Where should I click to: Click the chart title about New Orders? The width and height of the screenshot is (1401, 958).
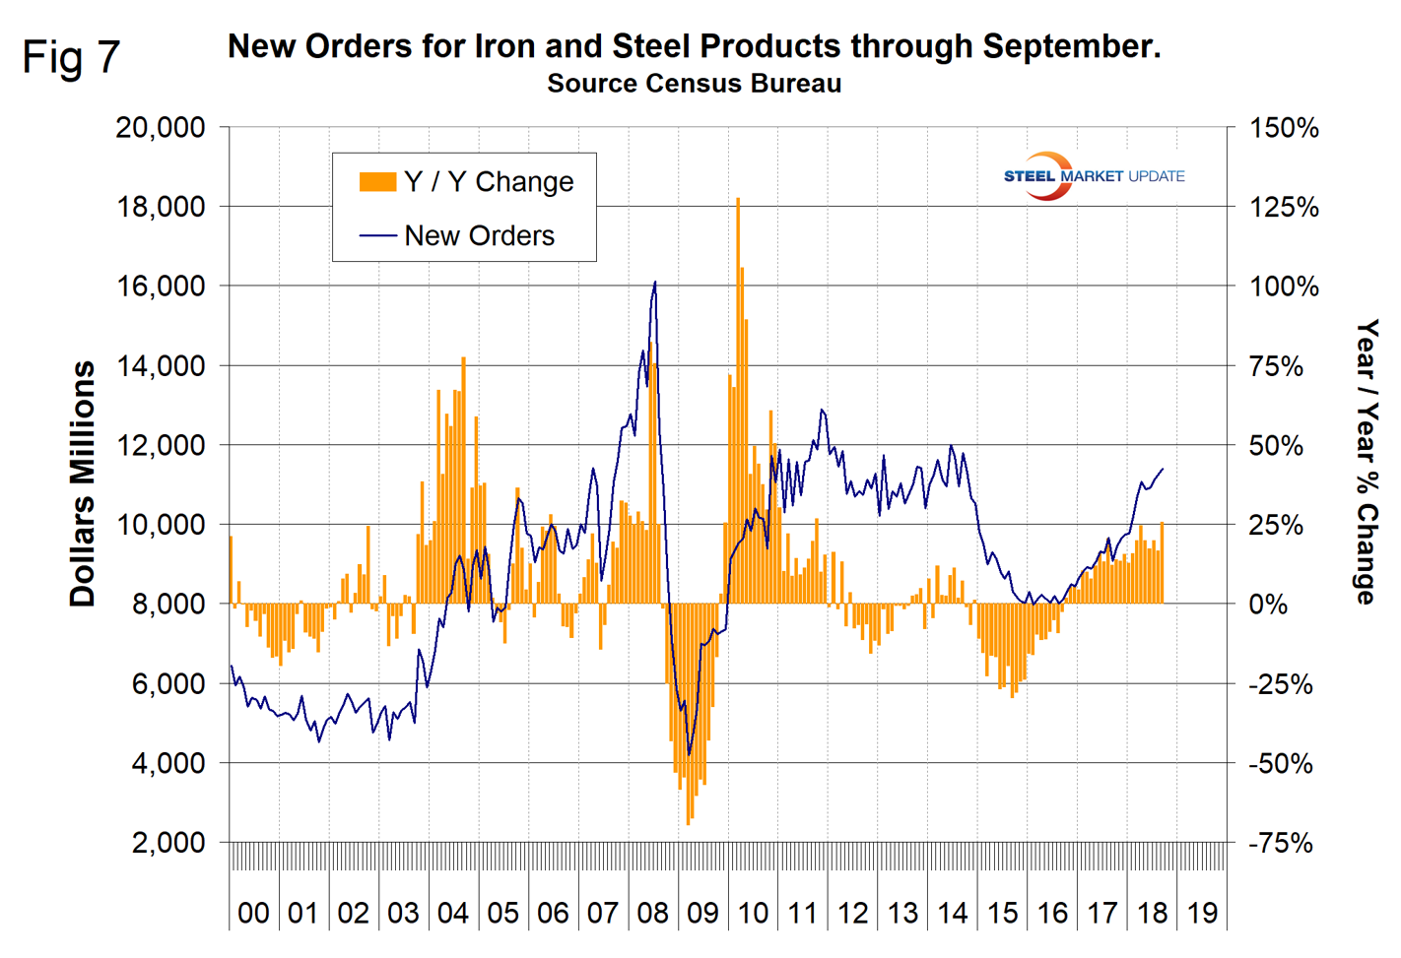coord(694,46)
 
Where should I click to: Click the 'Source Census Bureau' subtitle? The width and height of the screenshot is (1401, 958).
coord(694,84)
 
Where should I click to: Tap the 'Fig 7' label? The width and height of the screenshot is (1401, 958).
coord(71,57)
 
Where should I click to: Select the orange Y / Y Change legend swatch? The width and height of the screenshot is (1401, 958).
coord(377,182)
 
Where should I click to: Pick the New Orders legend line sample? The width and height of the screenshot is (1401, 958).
coord(377,236)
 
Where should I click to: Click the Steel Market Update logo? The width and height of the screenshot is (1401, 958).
coord(1093,176)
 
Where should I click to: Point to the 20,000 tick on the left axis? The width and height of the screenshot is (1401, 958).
coord(160,128)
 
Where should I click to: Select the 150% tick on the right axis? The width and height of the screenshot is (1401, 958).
coord(1284,128)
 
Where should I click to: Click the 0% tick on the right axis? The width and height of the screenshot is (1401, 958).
coord(1268,605)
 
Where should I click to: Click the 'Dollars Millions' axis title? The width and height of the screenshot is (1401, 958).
coord(84,483)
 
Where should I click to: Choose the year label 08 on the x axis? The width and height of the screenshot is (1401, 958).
coord(652,913)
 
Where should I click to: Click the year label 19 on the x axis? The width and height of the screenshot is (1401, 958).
coord(1201,913)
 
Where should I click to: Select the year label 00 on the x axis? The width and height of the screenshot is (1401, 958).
coord(253,913)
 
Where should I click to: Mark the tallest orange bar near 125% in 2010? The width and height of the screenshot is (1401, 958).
coord(737,202)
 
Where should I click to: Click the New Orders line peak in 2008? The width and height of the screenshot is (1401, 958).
coord(655,283)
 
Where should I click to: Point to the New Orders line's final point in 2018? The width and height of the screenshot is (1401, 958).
coord(1164,469)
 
